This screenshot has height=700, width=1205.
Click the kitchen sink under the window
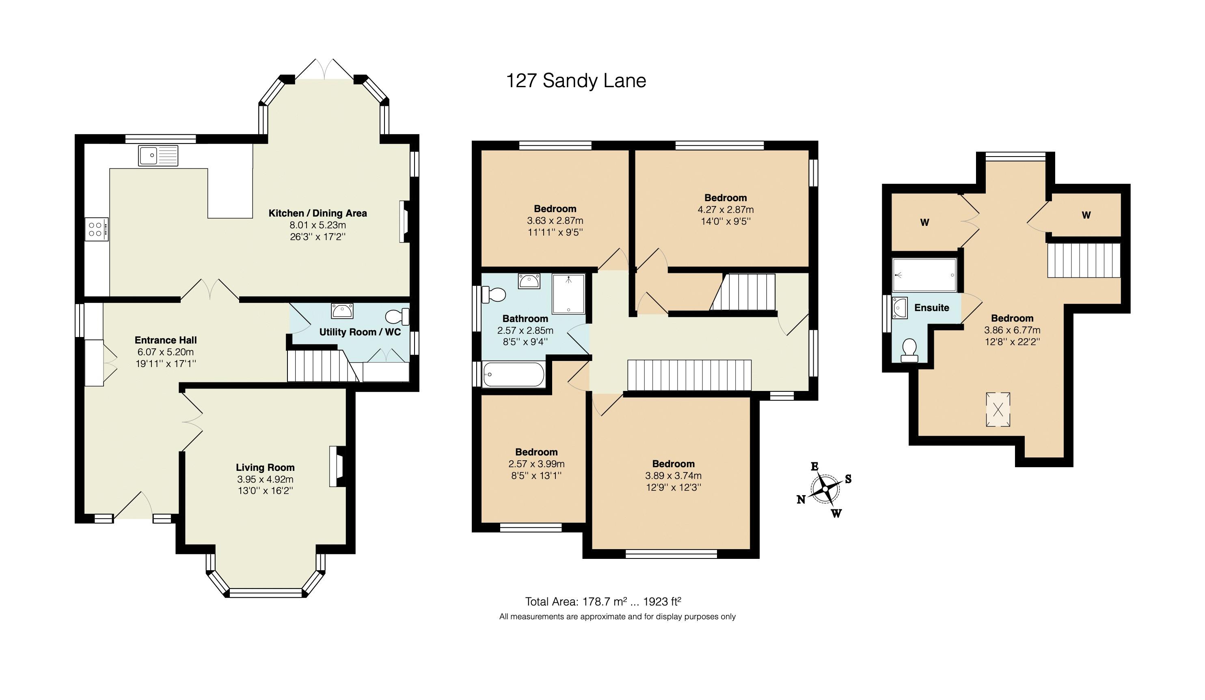pyautogui.click(x=158, y=156)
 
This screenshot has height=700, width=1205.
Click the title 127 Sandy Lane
pyautogui.click(x=576, y=81)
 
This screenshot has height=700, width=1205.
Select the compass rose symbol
pyautogui.click(x=825, y=489)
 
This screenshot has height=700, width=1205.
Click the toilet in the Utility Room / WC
pyautogui.click(x=397, y=316)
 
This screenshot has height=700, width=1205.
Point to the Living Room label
pyautogui.click(x=265, y=467)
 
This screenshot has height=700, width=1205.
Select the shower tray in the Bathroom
pyautogui.click(x=568, y=293)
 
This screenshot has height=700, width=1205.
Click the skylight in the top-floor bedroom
pyautogui.click(x=998, y=410)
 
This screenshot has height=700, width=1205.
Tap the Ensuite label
pyautogui.click(x=931, y=308)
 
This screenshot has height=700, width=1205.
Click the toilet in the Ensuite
pyautogui.click(x=909, y=350)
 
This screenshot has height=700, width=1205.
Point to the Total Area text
pyautogui.click(x=602, y=601)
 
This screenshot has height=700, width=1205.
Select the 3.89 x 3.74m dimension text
pyautogui.click(x=673, y=475)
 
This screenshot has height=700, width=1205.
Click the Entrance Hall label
pyautogui.click(x=166, y=340)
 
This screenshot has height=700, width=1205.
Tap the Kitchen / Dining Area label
pyautogui.click(x=317, y=213)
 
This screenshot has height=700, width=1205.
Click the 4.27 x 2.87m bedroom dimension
pyautogui.click(x=726, y=209)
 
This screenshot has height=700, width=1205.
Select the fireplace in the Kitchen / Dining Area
pyautogui.click(x=404, y=221)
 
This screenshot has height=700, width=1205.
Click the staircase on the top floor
pyautogui.click(x=1084, y=260)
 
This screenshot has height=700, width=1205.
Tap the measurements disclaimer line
pyautogui.click(x=617, y=617)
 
